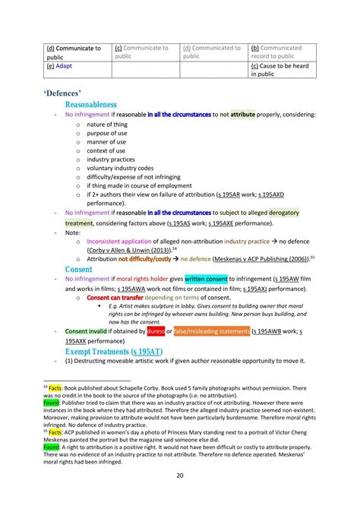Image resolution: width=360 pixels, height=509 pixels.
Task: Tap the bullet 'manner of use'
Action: (106, 141)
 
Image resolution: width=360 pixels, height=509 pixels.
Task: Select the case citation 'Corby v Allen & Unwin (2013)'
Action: (125, 249)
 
